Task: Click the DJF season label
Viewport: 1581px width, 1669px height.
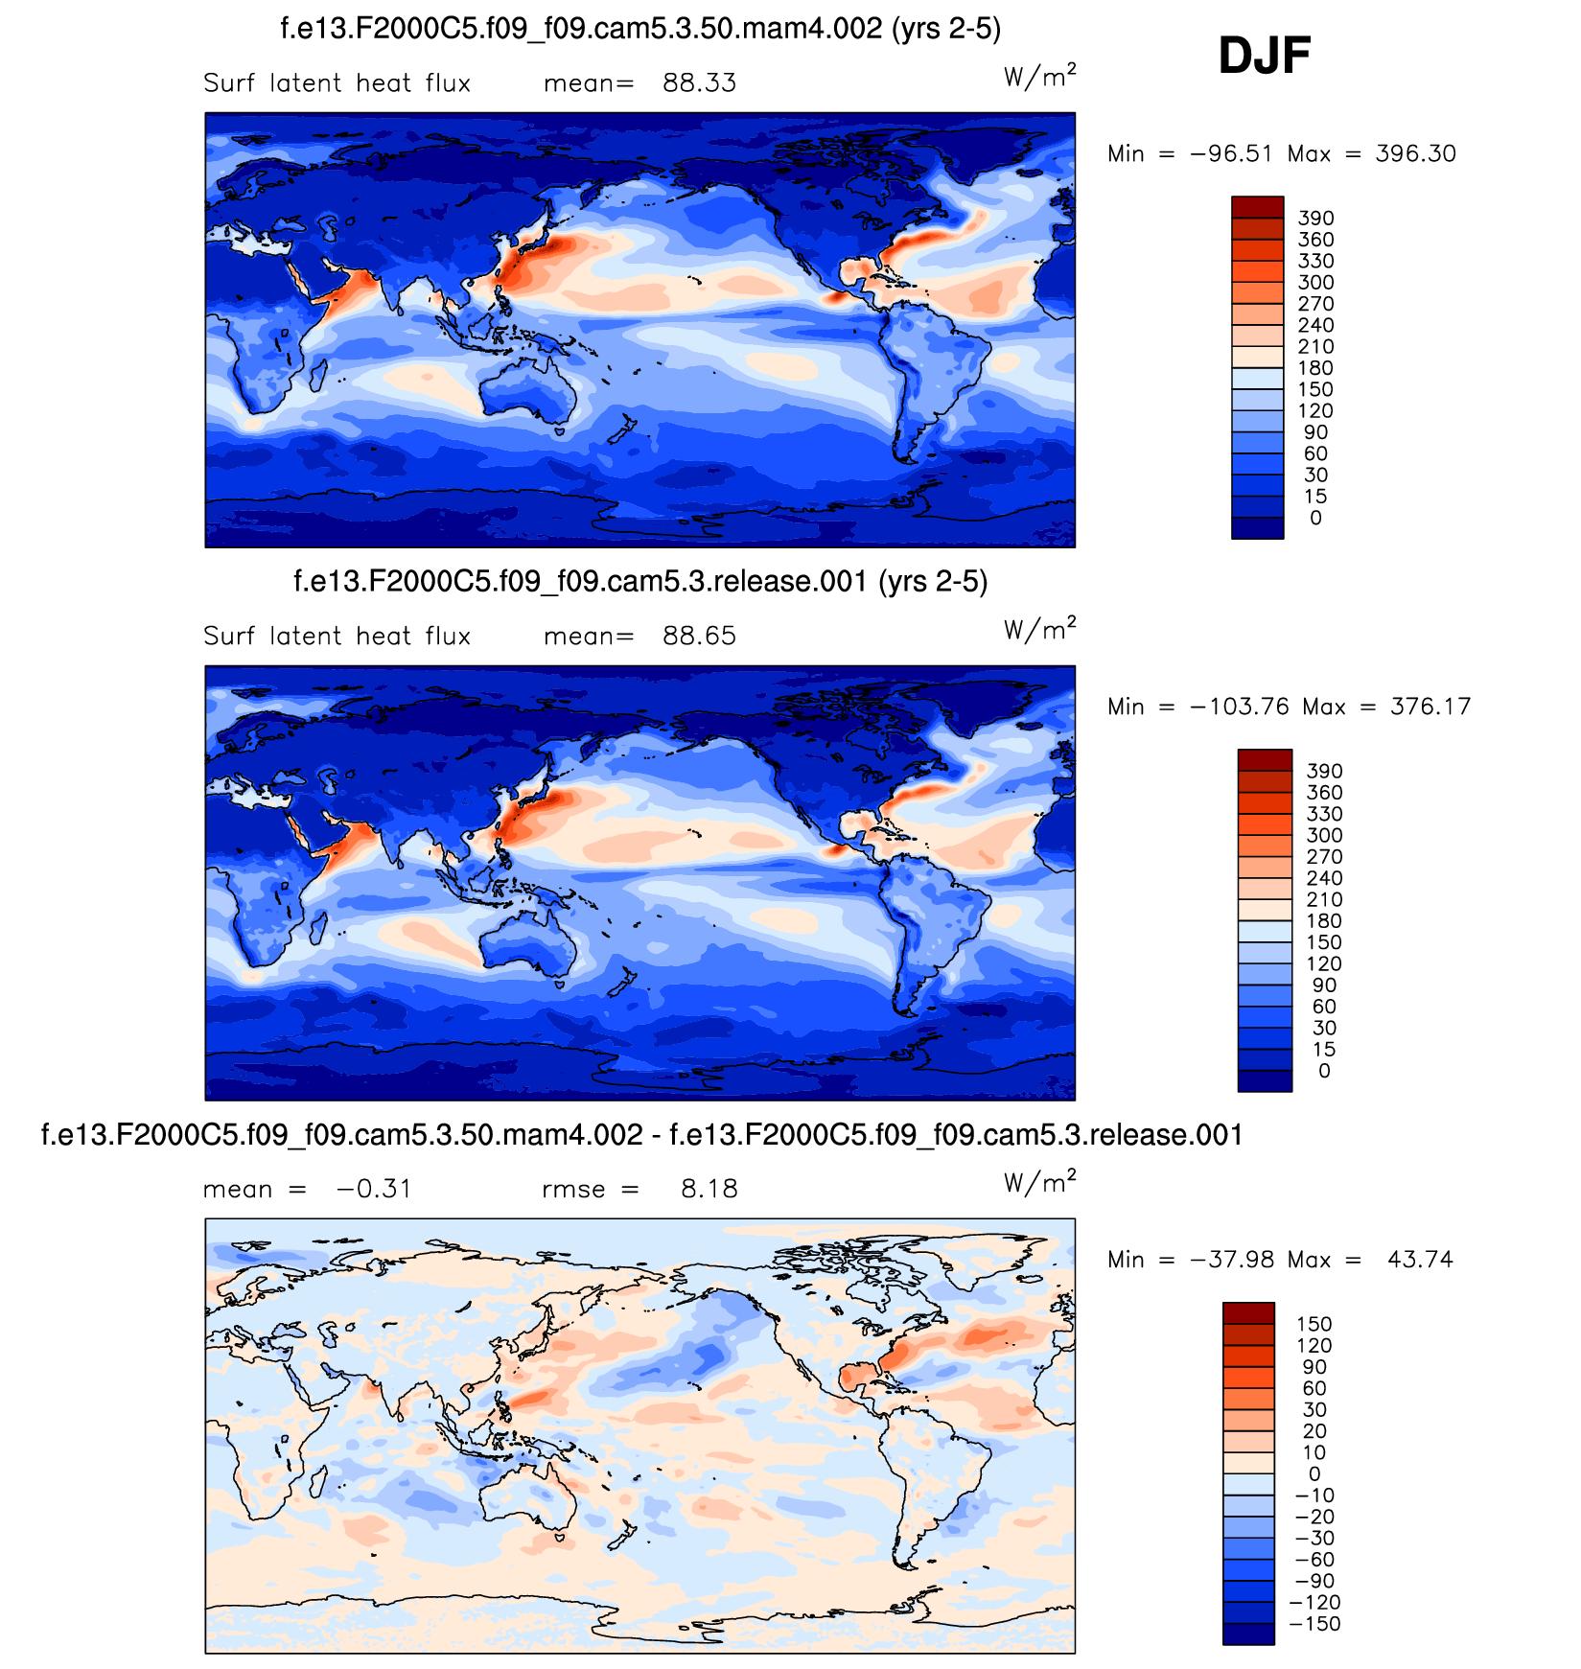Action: (x=1264, y=56)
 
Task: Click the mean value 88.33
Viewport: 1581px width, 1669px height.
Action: (x=699, y=83)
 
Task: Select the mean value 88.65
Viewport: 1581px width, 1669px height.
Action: (x=699, y=637)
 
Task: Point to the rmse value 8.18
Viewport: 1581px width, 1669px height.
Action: (x=709, y=1190)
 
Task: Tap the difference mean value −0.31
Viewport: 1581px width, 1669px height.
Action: (x=374, y=1190)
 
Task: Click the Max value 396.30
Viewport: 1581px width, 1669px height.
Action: (x=1415, y=154)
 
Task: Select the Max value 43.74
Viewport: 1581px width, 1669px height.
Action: (x=1420, y=1260)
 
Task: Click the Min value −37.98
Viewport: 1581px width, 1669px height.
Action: (x=1231, y=1260)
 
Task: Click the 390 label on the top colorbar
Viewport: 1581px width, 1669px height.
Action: (x=1315, y=219)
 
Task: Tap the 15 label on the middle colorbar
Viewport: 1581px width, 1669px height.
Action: (x=1323, y=1050)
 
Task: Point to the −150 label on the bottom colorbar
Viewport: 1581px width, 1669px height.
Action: (x=1314, y=1624)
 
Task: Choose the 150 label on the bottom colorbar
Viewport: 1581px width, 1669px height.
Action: (x=1314, y=1324)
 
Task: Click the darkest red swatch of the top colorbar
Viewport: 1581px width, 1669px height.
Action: (x=1257, y=207)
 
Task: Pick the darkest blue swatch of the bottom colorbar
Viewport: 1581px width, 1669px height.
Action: (x=1248, y=1634)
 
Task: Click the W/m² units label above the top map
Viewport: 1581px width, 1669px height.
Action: (x=1039, y=76)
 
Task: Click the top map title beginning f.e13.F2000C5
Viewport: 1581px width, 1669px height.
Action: (x=640, y=29)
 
